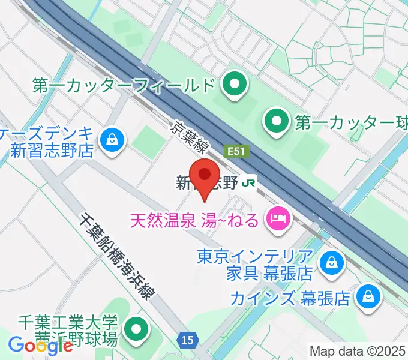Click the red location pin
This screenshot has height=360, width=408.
click(206, 176)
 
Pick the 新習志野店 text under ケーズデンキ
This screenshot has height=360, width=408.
click(50, 151)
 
